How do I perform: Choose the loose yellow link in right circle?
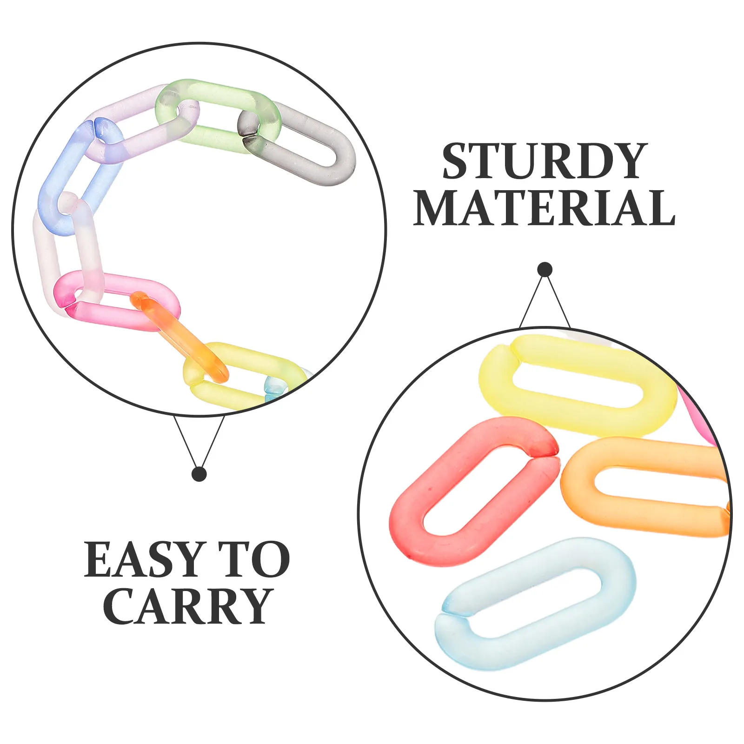coord(577,353)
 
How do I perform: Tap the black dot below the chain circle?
coord(199,474)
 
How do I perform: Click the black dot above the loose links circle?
coord(545,270)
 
